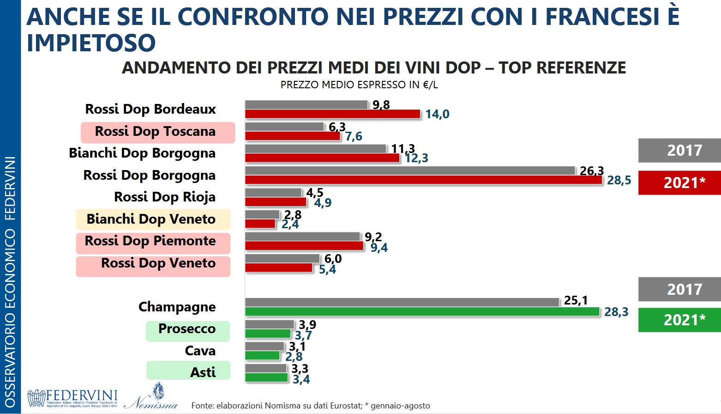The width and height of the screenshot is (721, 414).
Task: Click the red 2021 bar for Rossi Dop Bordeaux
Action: [x=332, y=114]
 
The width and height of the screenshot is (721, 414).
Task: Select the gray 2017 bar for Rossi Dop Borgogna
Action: [x=410, y=170]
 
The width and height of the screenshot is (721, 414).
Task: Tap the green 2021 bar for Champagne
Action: [x=422, y=312]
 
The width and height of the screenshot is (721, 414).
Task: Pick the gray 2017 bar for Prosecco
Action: [x=270, y=324]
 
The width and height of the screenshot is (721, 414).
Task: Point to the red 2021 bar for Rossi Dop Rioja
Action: [x=276, y=202]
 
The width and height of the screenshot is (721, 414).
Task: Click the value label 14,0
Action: [x=437, y=114]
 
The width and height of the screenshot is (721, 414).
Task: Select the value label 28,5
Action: [x=619, y=180]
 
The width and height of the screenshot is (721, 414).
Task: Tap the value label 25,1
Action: [x=576, y=300]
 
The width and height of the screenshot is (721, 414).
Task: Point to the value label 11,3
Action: [x=403, y=148]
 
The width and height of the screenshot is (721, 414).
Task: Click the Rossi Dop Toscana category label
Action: [x=156, y=132]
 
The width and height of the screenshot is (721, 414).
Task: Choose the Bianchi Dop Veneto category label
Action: [x=151, y=219]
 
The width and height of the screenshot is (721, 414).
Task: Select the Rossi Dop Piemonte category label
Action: [x=150, y=241]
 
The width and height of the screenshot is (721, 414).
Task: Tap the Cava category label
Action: [x=200, y=351]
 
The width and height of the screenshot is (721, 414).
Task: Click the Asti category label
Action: [x=203, y=372]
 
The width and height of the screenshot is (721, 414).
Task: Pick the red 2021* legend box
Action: [x=679, y=183]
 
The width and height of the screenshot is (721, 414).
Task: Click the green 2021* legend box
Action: [x=679, y=320]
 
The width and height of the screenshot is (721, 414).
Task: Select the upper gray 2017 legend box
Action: [x=679, y=150]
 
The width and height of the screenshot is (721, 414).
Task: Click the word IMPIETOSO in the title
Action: [x=91, y=43]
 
